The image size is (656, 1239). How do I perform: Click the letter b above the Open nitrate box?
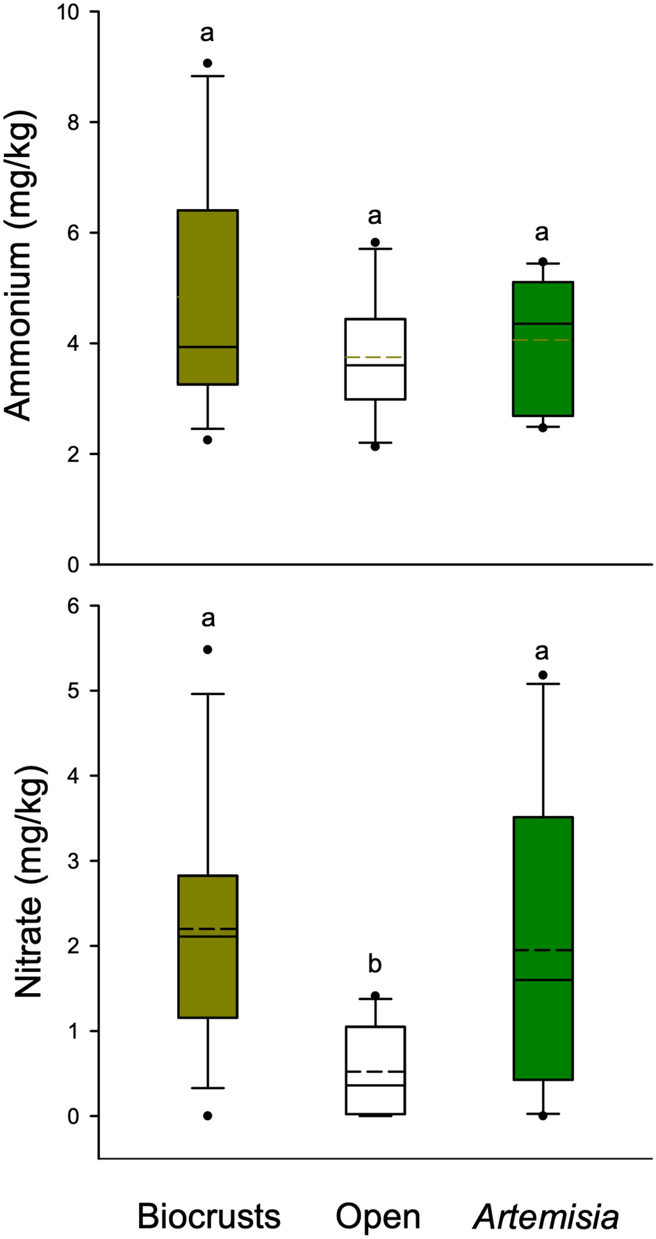[x=375, y=964]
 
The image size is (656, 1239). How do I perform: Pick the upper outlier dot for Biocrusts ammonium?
[x=207, y=63]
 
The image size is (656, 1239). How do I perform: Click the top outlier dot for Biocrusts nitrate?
[x=207, y=650]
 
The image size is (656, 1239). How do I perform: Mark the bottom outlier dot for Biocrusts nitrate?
[x=207, y=1116]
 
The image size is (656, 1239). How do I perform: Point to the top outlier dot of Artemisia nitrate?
[x=543, y=675]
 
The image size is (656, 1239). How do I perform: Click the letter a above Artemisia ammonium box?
[x=541, y=232]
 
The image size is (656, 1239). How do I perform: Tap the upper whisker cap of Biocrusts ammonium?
[x=207, y=76]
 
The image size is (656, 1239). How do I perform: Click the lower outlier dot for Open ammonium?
[x=375, y=446]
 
